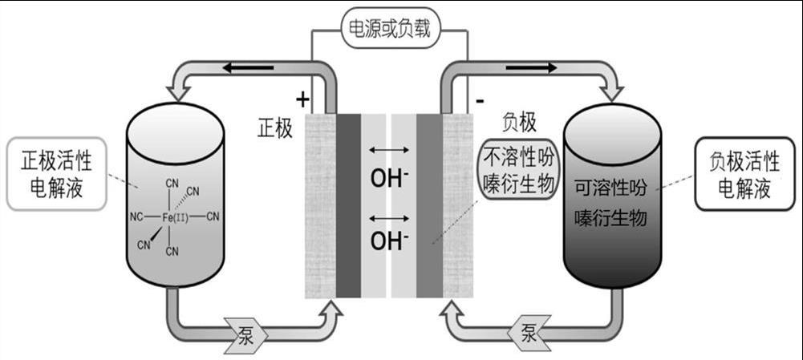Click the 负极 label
[519, 121]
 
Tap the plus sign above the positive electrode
[302, 99]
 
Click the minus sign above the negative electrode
[479, 101]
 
